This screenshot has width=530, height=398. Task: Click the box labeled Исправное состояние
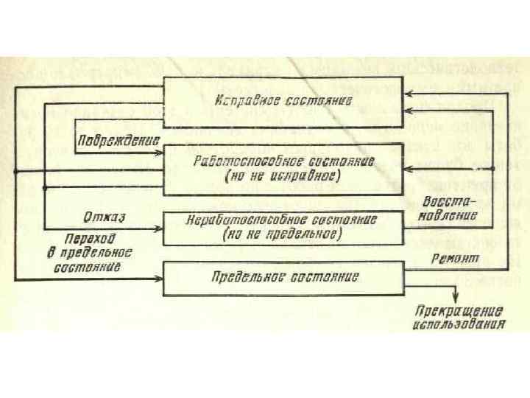[x=283, y=99]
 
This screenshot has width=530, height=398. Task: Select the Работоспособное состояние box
[x=283, y=169]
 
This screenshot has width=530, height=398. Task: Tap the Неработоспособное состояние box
[x=283, y=228]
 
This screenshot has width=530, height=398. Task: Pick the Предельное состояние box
[x=283, y=278]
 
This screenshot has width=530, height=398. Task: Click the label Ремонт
[x=456, y=259]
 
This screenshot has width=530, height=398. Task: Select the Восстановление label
[x=450, y=209]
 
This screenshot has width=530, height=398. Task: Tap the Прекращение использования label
[x=459, y=317]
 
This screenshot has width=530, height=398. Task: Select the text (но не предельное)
[x=283, y=235]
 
